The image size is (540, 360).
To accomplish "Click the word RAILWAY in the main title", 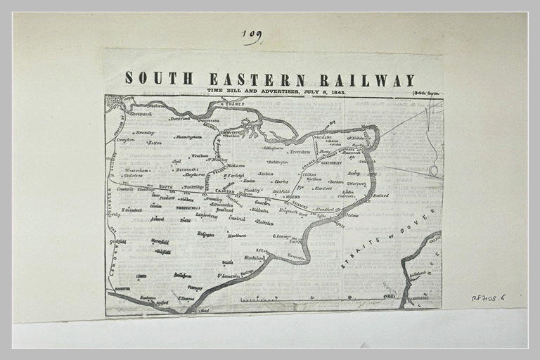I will coord(367,79).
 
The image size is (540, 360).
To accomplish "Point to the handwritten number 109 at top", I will coord(252,35).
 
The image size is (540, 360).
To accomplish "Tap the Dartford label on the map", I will coord(181,119).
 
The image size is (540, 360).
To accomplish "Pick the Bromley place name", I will coord(145,132).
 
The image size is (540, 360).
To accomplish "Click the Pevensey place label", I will coord(195,288).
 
